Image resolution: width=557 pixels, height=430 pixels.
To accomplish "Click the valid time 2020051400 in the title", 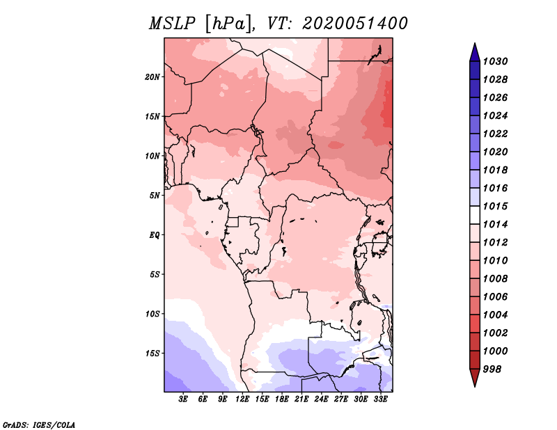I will click(x=355, y=24).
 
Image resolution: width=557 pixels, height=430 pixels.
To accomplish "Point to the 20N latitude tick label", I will click(x=152, y=77).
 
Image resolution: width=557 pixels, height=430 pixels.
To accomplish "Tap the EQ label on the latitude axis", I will click(x=155, y=235).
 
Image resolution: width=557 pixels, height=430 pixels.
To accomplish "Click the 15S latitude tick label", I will click(x=152, y=353).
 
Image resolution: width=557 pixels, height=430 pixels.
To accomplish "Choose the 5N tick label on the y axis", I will click(x=155, y=196).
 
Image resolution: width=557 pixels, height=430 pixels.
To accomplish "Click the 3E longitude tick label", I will click(x=184, y=399).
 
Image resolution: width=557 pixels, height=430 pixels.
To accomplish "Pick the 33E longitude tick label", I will click(x=381, y=399).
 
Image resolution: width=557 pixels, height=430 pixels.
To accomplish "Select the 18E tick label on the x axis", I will click(x=282, y=399).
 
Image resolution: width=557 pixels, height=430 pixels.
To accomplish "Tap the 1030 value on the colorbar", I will click(x=496, y=61).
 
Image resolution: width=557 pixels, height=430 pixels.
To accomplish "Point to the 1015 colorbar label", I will click(x=496, y=207).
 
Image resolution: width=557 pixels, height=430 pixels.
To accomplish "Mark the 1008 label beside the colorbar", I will click(x=496, y=279).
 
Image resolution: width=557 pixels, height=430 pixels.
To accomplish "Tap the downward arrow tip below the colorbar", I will click(x=474, y=383).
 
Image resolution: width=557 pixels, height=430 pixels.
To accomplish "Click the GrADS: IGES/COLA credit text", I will click(x=39, y=424).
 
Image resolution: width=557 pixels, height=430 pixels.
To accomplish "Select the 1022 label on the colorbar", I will click(x=496, y=134).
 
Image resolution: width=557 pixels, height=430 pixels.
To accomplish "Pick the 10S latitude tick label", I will click(x=152, y=314).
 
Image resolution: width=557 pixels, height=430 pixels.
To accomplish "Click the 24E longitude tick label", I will click(x=322, y=399).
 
